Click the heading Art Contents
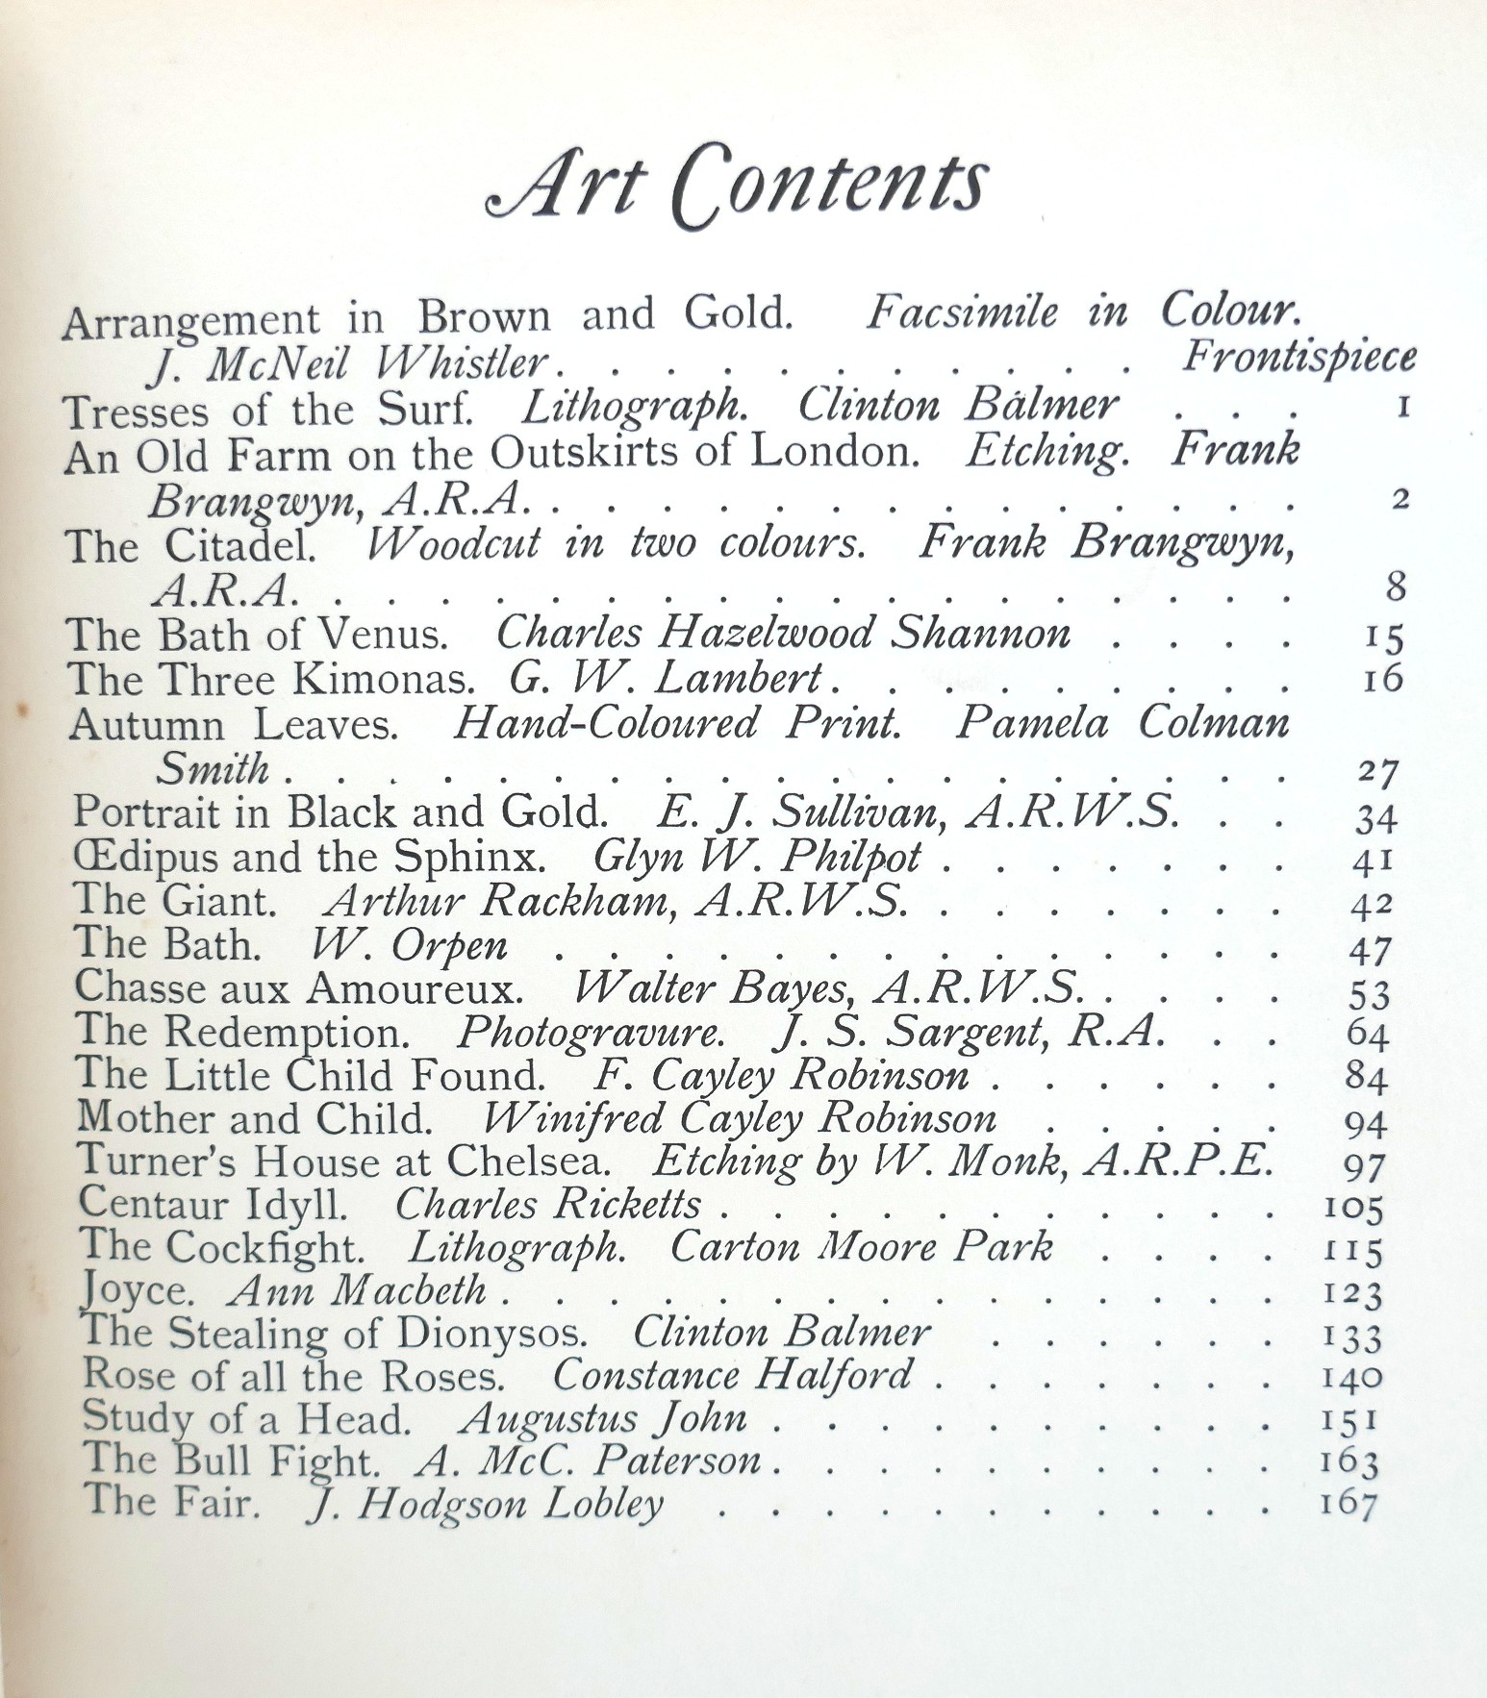(738, 186)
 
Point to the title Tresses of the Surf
(268, 412)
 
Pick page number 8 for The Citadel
(1396, 586)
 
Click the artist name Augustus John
(603, 1418)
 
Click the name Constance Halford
(732, 1375)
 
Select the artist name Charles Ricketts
(547, 1204)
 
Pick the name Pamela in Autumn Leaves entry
(1031, 723)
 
